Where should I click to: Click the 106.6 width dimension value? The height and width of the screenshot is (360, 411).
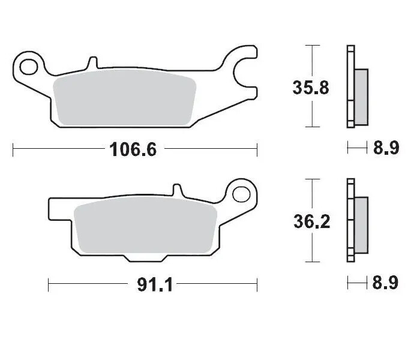point(133,149)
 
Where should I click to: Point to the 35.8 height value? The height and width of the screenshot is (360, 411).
point(311,88)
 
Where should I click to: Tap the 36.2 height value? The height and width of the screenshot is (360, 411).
point(311,222)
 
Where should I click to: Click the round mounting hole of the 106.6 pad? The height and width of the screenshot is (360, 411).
point(29,63)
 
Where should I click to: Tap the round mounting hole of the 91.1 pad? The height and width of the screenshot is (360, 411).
point(242,193)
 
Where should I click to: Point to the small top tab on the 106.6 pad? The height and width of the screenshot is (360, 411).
point(92,62)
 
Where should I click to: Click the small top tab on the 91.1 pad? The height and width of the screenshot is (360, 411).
point(176,190)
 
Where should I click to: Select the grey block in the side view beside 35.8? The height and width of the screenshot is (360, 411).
point(361,97)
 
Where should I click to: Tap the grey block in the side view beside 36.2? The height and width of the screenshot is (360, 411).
point(361,226)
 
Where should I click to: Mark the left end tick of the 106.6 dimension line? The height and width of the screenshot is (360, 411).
point(13,149)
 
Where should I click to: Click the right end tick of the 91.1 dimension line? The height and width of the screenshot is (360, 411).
point(257,284)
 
